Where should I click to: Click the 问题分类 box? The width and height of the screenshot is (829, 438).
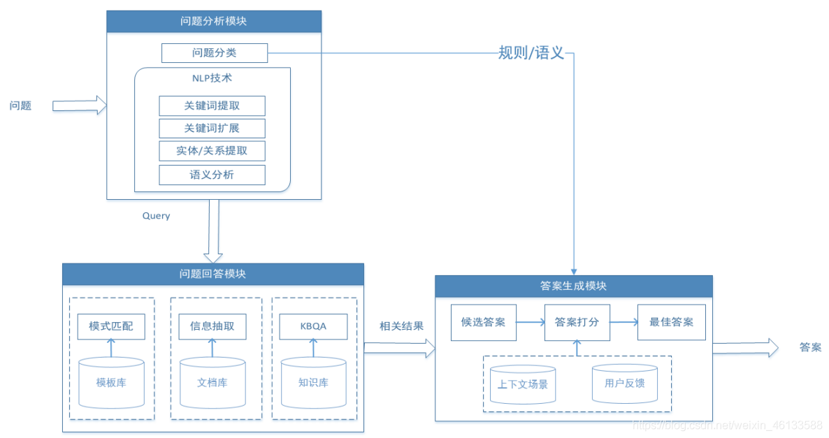(214, 53)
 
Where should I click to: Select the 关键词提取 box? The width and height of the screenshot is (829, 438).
(212, 106)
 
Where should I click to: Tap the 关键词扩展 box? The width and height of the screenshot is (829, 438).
(212, 129)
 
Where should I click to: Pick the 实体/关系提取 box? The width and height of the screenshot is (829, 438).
(212, 151)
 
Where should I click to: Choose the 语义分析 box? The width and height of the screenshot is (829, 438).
(212, 175)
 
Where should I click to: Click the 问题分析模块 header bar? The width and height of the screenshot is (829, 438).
(214, 22)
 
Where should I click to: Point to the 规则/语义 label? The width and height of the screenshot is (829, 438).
(531, 53)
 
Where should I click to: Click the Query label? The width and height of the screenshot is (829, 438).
(157, 216)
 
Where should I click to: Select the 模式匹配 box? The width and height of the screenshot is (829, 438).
(111, 326)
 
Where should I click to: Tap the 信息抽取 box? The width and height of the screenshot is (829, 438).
(212, 326)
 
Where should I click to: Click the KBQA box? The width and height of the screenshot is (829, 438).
(313, 326)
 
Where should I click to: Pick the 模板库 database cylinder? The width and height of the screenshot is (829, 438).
(111, 382)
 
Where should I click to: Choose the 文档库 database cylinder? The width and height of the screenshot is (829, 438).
(212, 382)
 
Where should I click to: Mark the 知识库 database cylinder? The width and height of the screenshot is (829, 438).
(313, 382)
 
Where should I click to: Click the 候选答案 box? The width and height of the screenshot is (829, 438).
(483, 323)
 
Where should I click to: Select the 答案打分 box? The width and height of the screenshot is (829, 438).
(577, 323)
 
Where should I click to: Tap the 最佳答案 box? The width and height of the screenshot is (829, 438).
(671, 323)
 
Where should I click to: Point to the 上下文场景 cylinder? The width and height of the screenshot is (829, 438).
(523, 384)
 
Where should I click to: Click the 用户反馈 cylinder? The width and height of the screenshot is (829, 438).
(624, 383)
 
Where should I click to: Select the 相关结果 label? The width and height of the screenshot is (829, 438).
(401, 326)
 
